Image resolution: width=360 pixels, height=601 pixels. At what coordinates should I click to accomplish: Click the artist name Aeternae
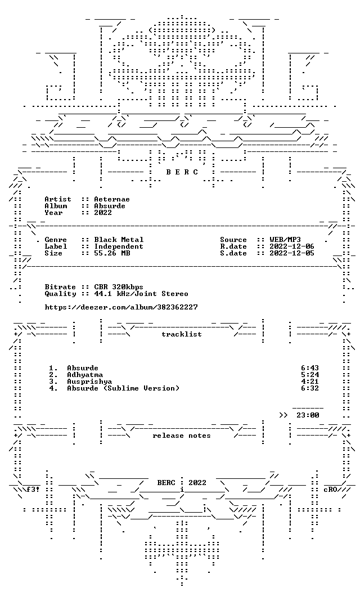(112, 199)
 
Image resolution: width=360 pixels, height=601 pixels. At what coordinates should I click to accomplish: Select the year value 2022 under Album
(103, 213)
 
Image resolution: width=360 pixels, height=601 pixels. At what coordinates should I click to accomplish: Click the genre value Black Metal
(119, 240)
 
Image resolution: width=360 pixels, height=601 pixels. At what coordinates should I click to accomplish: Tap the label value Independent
(119, 246)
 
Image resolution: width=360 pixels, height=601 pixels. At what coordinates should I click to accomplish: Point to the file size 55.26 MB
(112, 253)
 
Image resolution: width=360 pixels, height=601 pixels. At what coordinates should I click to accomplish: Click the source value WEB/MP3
(285, 240)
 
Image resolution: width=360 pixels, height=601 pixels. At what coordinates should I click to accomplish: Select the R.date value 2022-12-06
(292, 246)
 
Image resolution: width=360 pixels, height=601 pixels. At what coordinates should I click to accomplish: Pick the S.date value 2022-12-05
(292, 253)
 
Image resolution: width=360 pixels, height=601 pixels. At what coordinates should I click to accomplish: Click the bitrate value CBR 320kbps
(119, 287)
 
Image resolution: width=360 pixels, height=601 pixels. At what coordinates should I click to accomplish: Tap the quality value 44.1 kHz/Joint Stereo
(141, 294)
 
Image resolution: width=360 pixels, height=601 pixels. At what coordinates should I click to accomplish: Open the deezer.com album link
(121, 307)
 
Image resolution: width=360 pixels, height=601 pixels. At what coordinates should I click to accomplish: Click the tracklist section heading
(182, 334)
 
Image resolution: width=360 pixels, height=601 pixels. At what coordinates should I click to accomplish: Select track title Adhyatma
(85, 375)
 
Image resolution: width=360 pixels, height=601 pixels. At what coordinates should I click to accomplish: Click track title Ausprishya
(89, 382)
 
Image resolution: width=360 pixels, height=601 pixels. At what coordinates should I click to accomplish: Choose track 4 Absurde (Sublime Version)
(123, 388)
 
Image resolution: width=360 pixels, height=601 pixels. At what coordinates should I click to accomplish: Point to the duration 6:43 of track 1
(310, 369)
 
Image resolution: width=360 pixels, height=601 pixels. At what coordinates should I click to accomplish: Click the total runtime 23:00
(308, 415)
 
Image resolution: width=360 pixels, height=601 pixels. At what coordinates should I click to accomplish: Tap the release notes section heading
(182, 436)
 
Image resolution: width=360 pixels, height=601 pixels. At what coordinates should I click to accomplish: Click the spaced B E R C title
(182, 172)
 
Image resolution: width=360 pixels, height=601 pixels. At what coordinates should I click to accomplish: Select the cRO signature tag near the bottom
(330, 490)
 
